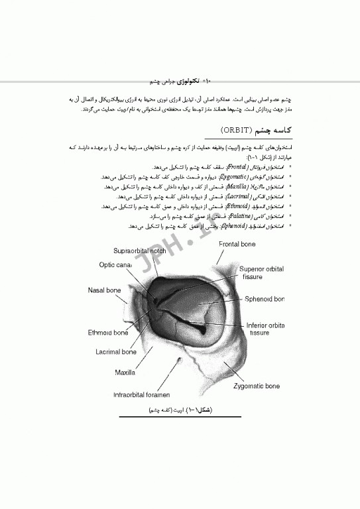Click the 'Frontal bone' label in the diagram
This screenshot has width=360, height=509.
click(237, 245)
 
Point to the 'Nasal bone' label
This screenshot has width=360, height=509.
click(105, 290)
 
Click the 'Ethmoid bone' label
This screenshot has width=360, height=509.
click(108, 333)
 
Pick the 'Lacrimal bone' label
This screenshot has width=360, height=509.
click(116, 352)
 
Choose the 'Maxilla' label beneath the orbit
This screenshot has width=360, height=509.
click(125, 372)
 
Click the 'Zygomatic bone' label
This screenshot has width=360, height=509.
click(258, 384)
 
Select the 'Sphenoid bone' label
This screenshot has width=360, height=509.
click(264, 300)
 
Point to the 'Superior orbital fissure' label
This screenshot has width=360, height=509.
click(262, 273)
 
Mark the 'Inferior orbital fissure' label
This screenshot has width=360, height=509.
click(265, 329)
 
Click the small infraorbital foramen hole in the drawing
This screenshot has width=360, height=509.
click(180, 361)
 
